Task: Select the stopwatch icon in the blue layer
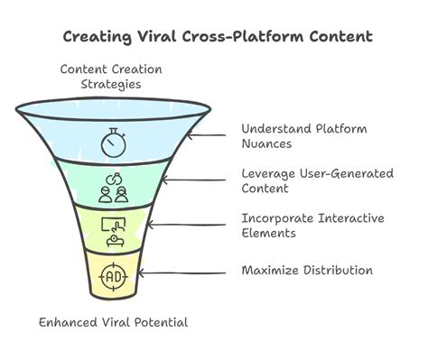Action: click(114, 141)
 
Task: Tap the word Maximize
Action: click(271, 270)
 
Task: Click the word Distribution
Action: click(339, 270)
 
